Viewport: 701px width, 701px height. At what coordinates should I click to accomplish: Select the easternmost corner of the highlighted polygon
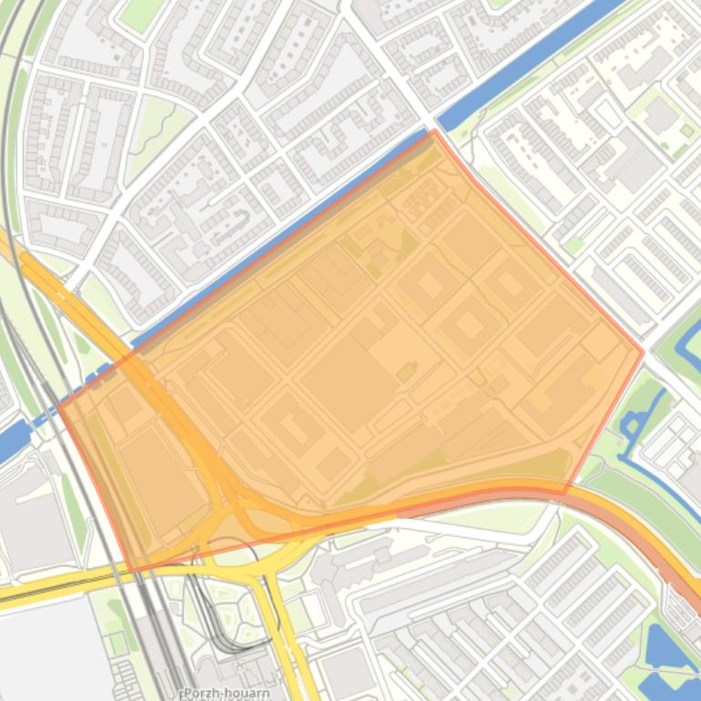644,351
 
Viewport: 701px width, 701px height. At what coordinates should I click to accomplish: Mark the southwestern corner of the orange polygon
133,572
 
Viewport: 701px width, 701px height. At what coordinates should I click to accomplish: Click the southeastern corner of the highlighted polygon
564,493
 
